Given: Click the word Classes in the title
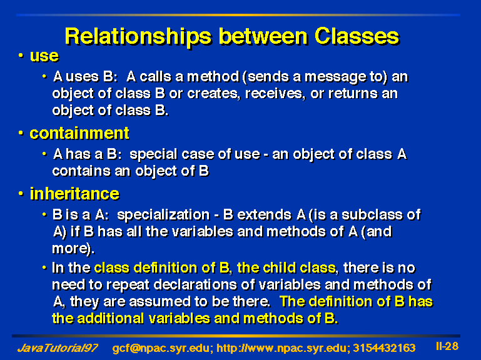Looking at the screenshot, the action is point(357,36).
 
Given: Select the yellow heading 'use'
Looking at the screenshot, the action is point(44,56).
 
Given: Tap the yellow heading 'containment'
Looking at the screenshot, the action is point(79,133).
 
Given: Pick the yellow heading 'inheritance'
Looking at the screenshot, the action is point(74,194).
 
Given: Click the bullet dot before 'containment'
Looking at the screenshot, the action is point(21,133).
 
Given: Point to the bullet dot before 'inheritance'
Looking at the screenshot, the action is point(21,194).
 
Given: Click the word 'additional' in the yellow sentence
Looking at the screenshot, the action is point(111,319).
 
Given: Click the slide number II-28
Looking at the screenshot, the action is point(447,346).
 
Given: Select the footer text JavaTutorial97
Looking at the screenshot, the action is point(58,348).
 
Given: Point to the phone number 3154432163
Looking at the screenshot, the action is point(385,348).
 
